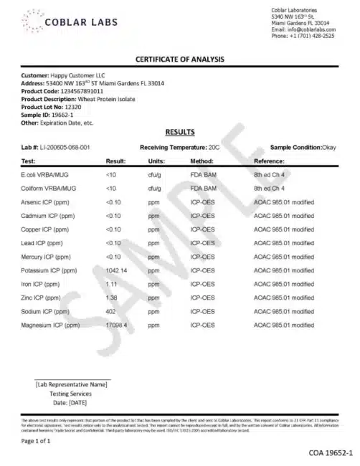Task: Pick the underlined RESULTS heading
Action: click(x=179, y=133)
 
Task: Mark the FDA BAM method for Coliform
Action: click(x=202, y=188)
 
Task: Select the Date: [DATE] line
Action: click(x=70, y=402)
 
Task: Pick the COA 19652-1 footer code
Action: click(x=331, y=453)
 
